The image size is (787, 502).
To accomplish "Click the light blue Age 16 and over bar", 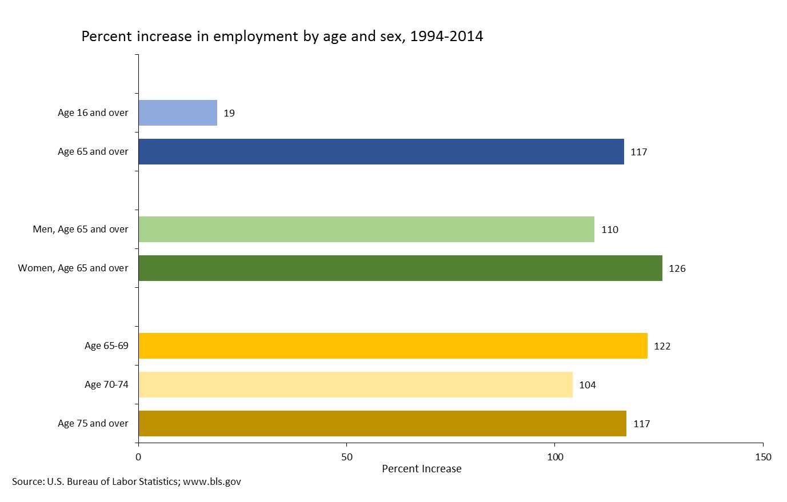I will click(178, 113).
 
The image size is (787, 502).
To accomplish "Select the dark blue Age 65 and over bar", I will click(381, 151).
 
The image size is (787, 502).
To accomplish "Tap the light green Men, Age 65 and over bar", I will click(366, 229).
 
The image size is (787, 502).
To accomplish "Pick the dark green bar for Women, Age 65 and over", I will click(400, 268).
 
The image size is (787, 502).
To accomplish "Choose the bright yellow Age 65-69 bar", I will click(393, 346).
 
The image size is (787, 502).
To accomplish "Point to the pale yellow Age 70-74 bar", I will click(355, 384).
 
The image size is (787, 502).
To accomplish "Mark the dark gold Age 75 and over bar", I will click(382, 423).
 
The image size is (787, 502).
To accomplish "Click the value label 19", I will click(229, 113).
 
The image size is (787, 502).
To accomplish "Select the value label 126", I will click(677, 268).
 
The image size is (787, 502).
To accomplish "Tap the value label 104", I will click(588, 385).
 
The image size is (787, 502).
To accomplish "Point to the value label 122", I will click(662, 346).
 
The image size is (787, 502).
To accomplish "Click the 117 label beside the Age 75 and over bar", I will click(642, 424).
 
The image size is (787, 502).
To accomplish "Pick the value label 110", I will click(610, 230).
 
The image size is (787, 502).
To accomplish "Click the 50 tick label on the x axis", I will click(346, 457).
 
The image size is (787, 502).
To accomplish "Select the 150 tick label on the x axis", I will click(763, 457).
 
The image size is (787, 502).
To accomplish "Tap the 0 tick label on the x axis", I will click(138, 457).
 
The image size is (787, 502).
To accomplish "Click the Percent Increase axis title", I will click(422, 469).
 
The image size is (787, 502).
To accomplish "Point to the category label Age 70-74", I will click(106, 384).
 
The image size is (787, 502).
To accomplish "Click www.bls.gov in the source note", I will click(212, 481).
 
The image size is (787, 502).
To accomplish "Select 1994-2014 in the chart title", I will click(446, 36).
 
